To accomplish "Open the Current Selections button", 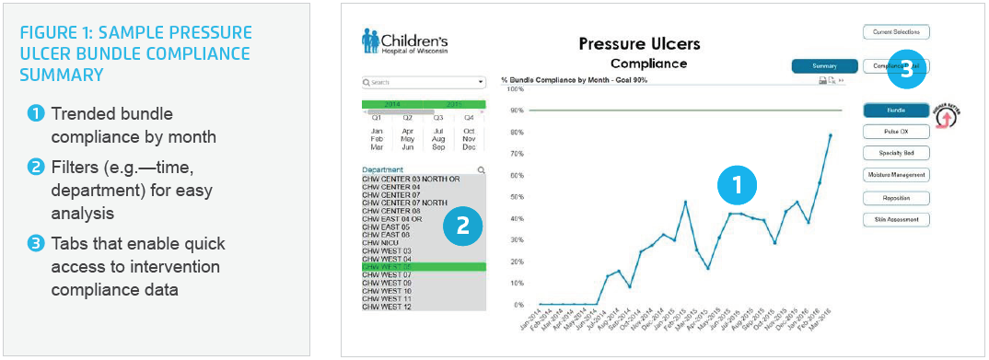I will coord(896,32).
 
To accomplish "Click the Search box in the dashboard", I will coord(423,82).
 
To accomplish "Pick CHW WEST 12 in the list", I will coord(387,306).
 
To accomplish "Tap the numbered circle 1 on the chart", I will coord(737,184).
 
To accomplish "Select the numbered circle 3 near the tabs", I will coord(906,73).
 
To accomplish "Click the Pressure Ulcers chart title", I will coord(639,43).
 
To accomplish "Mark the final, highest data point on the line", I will coord(830,135).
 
